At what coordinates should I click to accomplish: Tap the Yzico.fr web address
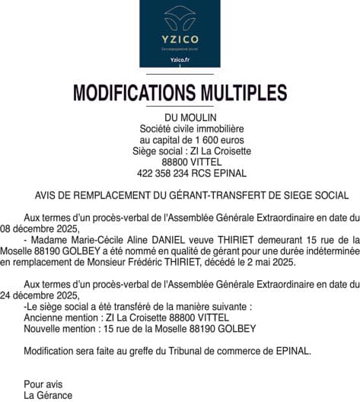180,59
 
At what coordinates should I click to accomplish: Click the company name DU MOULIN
180,118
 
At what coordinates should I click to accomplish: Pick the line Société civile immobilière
180,129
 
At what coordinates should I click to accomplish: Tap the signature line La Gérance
48,395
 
